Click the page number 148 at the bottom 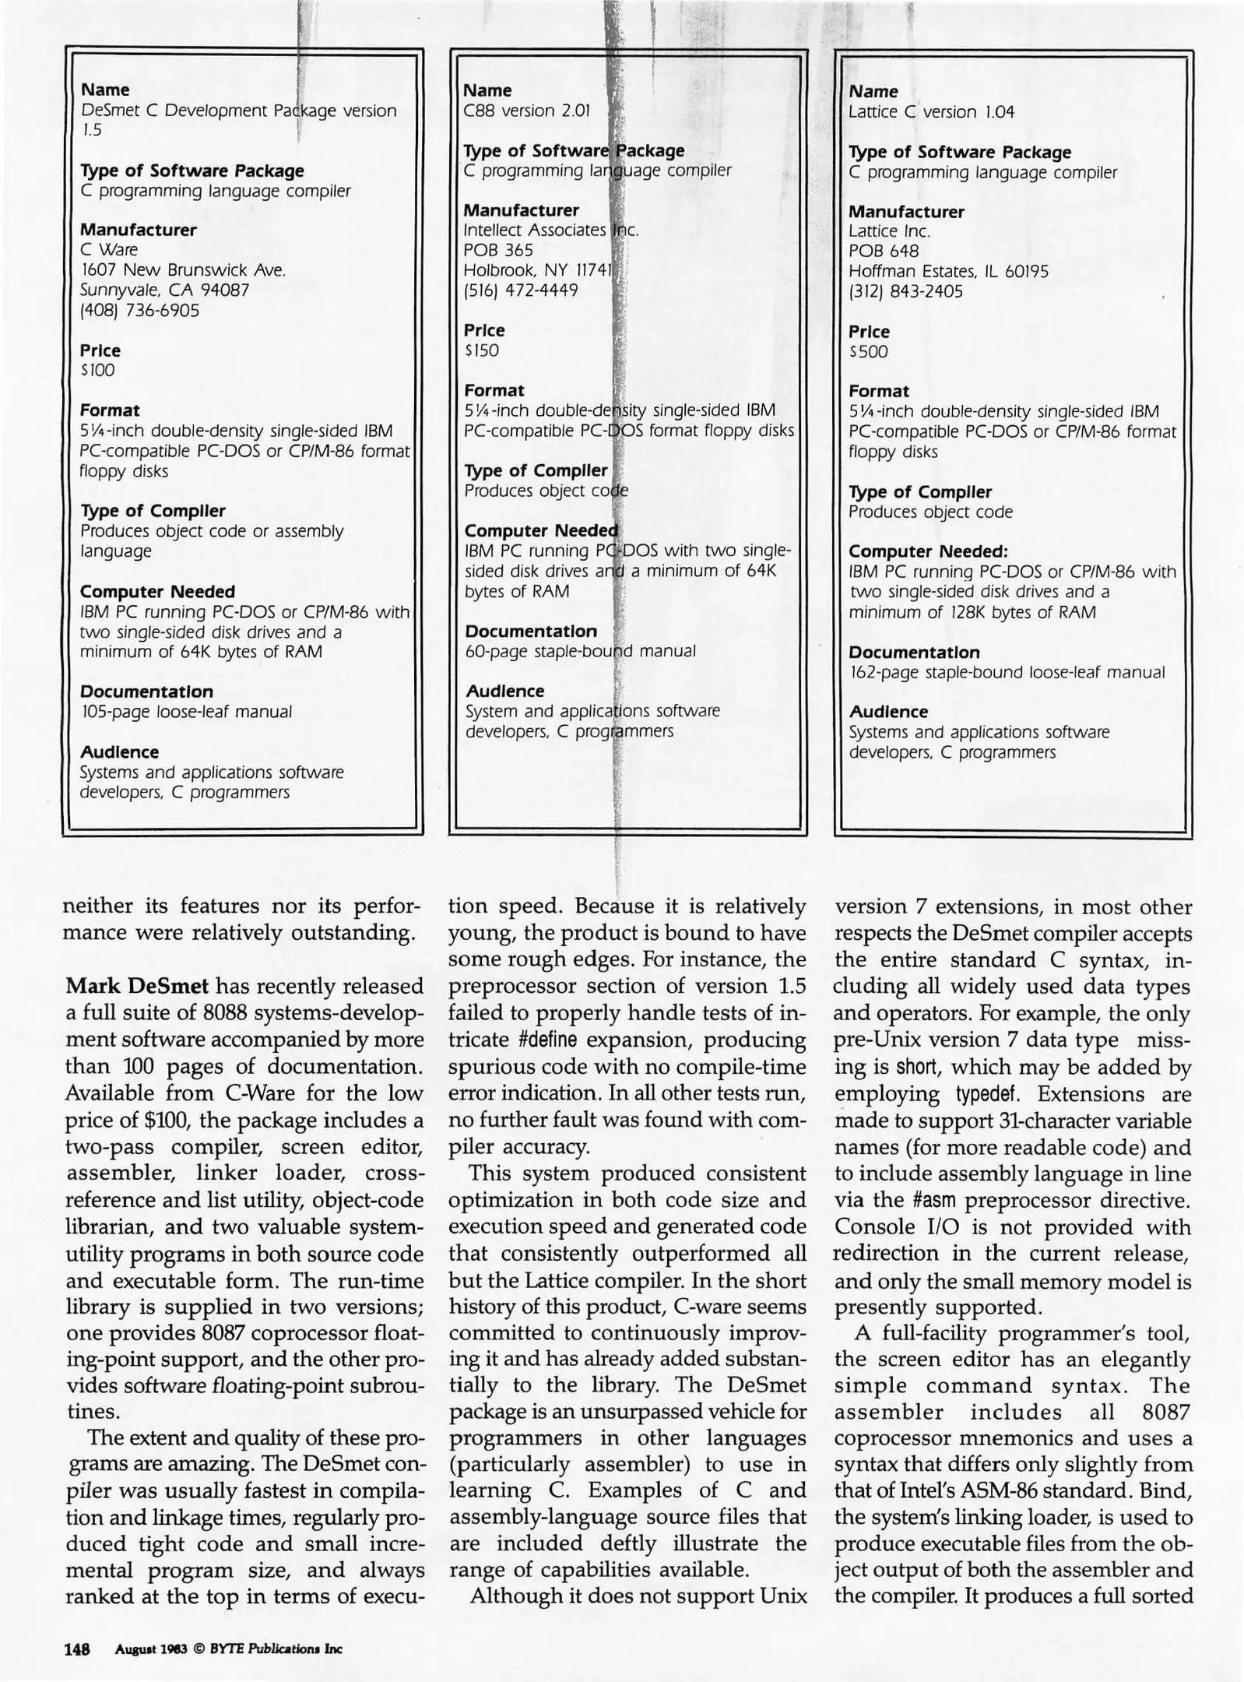pos(78,1649)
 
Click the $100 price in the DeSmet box pos(98,371)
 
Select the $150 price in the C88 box pos(482,350)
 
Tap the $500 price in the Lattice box pos(868,351)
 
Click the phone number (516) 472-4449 pos(521,290)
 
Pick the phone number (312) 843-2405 pos(905,292)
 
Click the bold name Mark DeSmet pos(137,987)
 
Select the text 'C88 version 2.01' pos(527,111)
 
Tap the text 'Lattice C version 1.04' pos(931,111)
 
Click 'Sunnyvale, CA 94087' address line pos(164,290)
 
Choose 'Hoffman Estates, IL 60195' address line pos(948,272)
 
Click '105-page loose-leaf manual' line pos(187,712)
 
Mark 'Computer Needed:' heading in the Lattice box pos(928,552)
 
